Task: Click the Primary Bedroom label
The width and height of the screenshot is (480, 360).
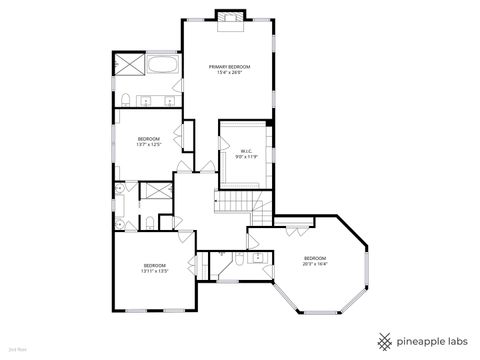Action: [x=228, y=67]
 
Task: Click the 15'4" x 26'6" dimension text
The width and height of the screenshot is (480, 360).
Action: [x=228, y=73]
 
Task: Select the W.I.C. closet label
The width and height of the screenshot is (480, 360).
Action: [x=246, y=151]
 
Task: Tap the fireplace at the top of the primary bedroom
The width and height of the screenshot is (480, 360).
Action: [x=229, y=16]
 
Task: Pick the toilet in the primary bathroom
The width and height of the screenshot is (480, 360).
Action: [x=127, y=98]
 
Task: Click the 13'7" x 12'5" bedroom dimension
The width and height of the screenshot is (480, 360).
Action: [x=149, y=144]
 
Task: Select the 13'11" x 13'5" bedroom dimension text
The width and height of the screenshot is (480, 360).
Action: [x=153, y=271]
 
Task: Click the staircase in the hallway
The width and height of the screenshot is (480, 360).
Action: [x=236, y=203]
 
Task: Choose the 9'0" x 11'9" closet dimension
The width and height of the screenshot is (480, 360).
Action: [x=246, y=157]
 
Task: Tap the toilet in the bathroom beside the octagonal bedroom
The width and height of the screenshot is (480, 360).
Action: [x=241, y=260]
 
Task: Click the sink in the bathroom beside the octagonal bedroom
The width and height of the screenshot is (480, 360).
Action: [x=258, y=258]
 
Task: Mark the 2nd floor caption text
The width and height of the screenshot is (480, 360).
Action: [x=16, y=350]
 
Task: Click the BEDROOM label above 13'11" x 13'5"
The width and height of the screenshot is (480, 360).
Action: [x=153, y=265]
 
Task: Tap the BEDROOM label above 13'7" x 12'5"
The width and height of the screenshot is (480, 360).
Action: [x=149, y=138]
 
